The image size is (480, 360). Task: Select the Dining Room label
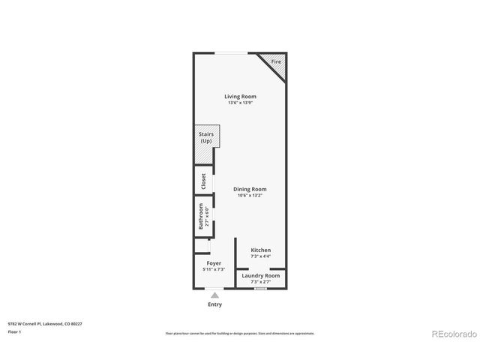click(x=250, y=189)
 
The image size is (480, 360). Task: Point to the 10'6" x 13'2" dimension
click(x=250, y=196)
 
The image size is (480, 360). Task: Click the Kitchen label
click(x=260, y=250)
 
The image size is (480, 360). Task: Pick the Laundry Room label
click(x=260, y=275)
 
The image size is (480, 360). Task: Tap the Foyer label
click(x=214, y=263)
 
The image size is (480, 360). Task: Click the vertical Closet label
click(x=202, y=181)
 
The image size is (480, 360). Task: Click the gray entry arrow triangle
click(x=214, y=295)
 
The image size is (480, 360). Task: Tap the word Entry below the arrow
click(x=214, y=304)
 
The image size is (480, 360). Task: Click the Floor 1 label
click(x=13, y=331)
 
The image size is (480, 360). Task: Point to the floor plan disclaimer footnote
click(x=240, y=333)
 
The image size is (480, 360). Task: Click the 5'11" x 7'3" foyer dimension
click(x=214, y=269)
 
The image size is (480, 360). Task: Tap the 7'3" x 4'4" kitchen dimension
click(x=260, y=256)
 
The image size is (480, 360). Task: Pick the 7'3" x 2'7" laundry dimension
click(x=260, y=282)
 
